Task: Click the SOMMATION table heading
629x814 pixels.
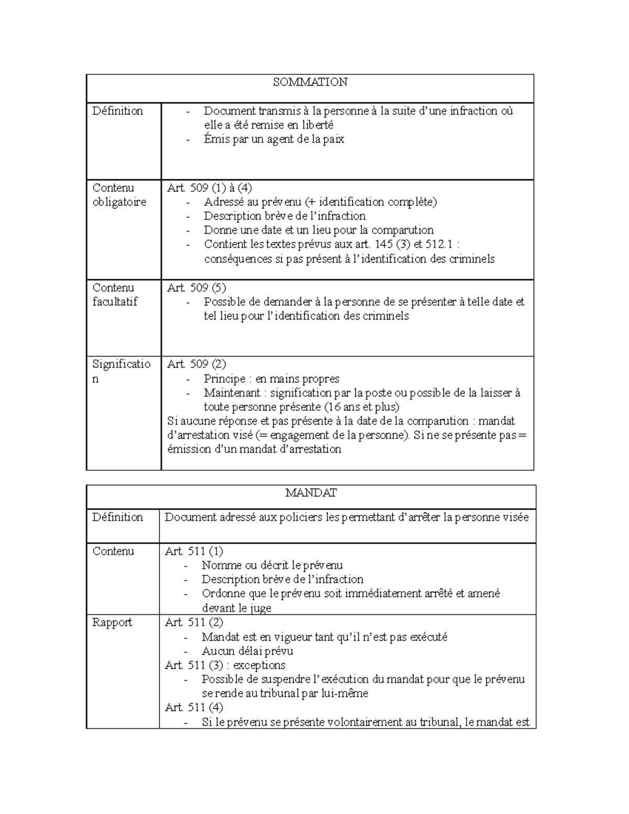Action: [x=310, y=82]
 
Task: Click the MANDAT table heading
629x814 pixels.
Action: [x=311, y=493]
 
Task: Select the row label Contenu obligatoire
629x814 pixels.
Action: [x=119, y=195]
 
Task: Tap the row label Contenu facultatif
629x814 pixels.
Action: [x=115, y=295]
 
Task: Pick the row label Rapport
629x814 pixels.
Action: [x=112, y=623]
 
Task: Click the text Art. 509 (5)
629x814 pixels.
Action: [x=197, y=288]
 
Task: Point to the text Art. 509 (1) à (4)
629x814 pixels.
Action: [x=210, y=188]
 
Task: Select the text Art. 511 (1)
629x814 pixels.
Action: [x=194, y=551]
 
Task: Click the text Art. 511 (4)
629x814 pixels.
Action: [x=194, y=708]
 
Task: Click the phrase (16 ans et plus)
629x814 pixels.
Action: [x=362, y=407]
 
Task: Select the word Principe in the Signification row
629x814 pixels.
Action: [x=225, y=379]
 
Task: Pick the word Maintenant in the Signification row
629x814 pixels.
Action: [x=232, y=393]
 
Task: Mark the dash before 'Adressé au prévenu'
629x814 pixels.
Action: [x=188, y=202]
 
